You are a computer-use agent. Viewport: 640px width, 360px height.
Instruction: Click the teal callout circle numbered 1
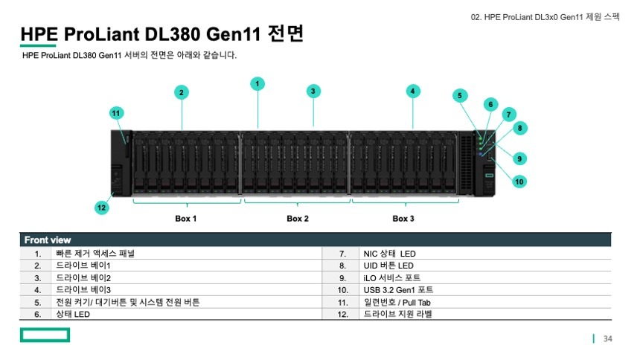(257, 83)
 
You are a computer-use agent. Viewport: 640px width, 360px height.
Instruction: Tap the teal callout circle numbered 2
(181, 92)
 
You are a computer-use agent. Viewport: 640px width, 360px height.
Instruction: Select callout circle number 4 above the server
(412, 91)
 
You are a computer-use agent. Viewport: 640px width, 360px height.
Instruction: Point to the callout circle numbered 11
(116, 113)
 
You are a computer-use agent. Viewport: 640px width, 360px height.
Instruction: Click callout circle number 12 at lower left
(101, 208)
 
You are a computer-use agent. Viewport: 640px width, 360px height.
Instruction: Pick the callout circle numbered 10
(519, 181)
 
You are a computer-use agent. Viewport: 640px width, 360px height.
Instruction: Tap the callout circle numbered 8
(520, 128)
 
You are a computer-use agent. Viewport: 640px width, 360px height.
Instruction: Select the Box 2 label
(298, 219)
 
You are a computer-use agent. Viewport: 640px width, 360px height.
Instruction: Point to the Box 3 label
(403, 219)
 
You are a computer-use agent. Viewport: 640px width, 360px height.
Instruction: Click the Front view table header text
(48, 240)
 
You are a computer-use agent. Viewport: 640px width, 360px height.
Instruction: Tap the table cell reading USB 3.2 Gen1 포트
(398, 289)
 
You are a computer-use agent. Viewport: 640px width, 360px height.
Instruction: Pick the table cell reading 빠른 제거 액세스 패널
(95, 254)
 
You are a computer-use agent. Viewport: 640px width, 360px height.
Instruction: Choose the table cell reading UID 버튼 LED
(388, 266)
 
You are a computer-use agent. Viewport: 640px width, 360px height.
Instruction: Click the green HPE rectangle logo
(45, 335)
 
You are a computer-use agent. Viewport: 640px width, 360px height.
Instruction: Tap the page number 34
(607, 339)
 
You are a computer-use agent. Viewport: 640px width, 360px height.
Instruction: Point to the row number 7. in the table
(343, 254)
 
